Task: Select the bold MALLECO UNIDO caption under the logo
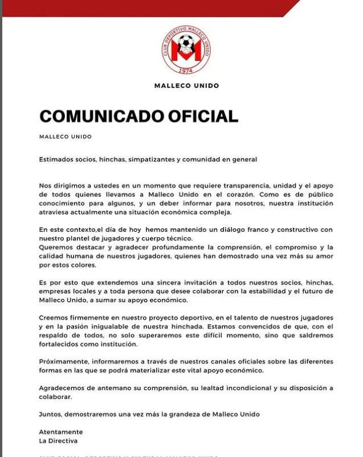tap(186, 86)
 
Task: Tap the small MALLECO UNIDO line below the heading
tap(66, 137)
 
